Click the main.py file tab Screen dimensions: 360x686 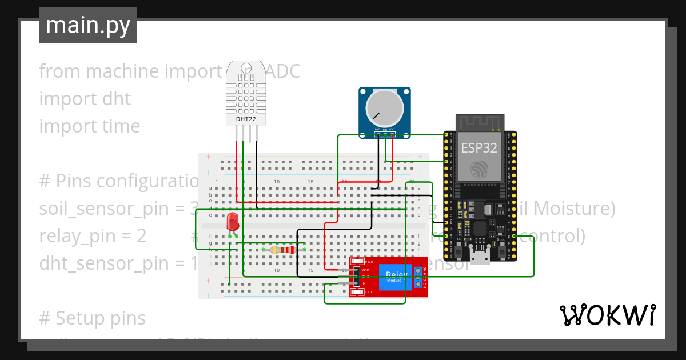pos(87,25)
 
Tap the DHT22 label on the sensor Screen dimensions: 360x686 pos(246,119)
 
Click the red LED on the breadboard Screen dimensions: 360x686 pos(233,221)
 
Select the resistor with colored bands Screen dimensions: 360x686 pos(283,250)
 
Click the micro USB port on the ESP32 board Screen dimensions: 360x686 pos(479,255)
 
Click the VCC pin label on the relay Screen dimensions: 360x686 pos(366,269)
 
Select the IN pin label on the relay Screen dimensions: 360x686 pos(363,283)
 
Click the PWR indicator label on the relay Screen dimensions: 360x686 pos(368,261)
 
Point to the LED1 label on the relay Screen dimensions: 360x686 pos(369,293)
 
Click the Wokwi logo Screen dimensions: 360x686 pos(607,315)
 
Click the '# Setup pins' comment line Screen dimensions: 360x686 pos(93,318)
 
